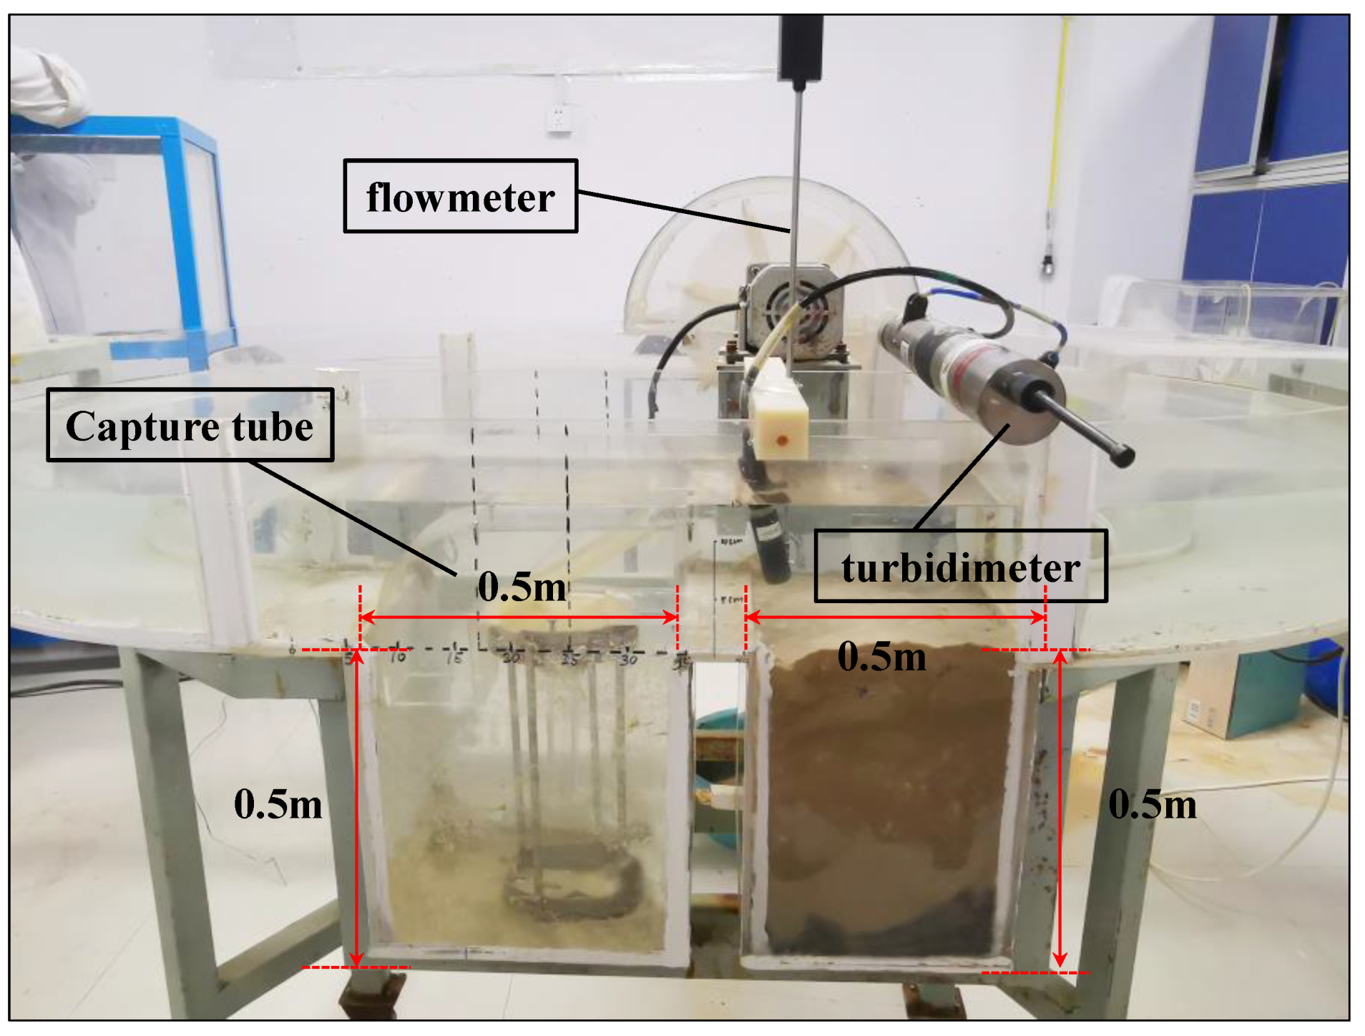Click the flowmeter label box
tap(460, 196)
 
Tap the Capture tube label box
tap(190, 426)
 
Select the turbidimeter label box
tap(960, 567)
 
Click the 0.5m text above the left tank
tap(522, 587)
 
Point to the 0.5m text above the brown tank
tap(881, 655)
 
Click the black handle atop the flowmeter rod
tap(801, 47)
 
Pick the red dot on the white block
tap(782, 441)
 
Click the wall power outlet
tap(560, 119)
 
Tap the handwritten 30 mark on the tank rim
tap(628, 659)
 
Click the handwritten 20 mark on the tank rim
tap(511, 658)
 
